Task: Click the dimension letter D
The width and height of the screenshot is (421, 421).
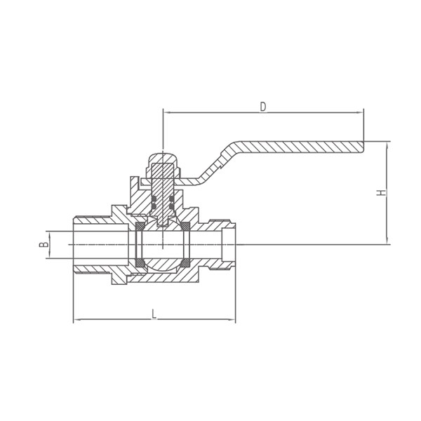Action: click(263, 107)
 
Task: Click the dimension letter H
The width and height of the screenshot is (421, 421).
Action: click(381, 192)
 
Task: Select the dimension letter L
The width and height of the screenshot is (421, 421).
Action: click(154, 314)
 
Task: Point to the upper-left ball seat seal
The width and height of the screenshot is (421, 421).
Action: click(140, 226)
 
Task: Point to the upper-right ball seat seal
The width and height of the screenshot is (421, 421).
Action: click(185, 226)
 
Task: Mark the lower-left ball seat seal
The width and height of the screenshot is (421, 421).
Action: click(140, 263)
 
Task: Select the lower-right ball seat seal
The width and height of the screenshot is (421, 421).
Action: click(185, 263)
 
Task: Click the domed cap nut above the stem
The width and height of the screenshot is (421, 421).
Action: click(163, 157)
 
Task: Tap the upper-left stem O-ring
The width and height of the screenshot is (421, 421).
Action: click(154, 199)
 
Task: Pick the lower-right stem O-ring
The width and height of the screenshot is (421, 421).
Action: click(172, 206)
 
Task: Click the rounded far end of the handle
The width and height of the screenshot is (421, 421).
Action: click(363, 147)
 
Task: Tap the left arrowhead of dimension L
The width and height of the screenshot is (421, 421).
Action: click(77, 319)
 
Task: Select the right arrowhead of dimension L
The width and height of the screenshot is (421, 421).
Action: click(232, 319)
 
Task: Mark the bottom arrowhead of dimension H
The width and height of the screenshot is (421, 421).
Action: click(387, 241)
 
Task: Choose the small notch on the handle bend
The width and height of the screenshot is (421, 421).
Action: click(222, 167)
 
